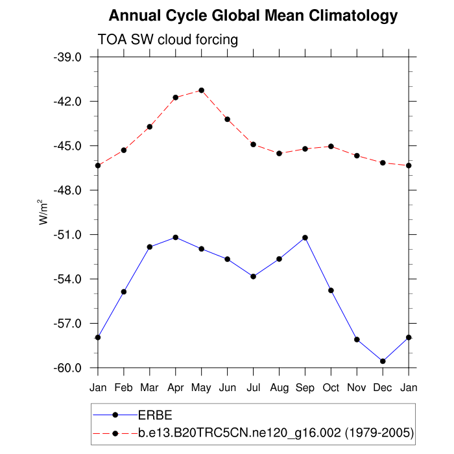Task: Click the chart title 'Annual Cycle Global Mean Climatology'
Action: (253, 15)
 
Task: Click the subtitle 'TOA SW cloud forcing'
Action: (167, 40)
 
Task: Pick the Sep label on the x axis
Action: (305, 387)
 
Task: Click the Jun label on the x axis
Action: (227, 387)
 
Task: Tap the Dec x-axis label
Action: (383, 387)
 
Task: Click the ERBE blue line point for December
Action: (383, 361)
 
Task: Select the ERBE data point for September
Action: (305, 238)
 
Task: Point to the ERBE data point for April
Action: (175, 237)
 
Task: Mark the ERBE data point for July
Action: (253, 276)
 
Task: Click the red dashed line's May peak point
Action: (201, 90)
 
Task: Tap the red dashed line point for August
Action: (279, 153)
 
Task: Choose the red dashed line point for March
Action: (149, 126)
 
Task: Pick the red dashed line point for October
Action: (331, 146)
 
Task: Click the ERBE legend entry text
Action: (155, 414)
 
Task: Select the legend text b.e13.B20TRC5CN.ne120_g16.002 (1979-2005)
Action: (276, 432)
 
